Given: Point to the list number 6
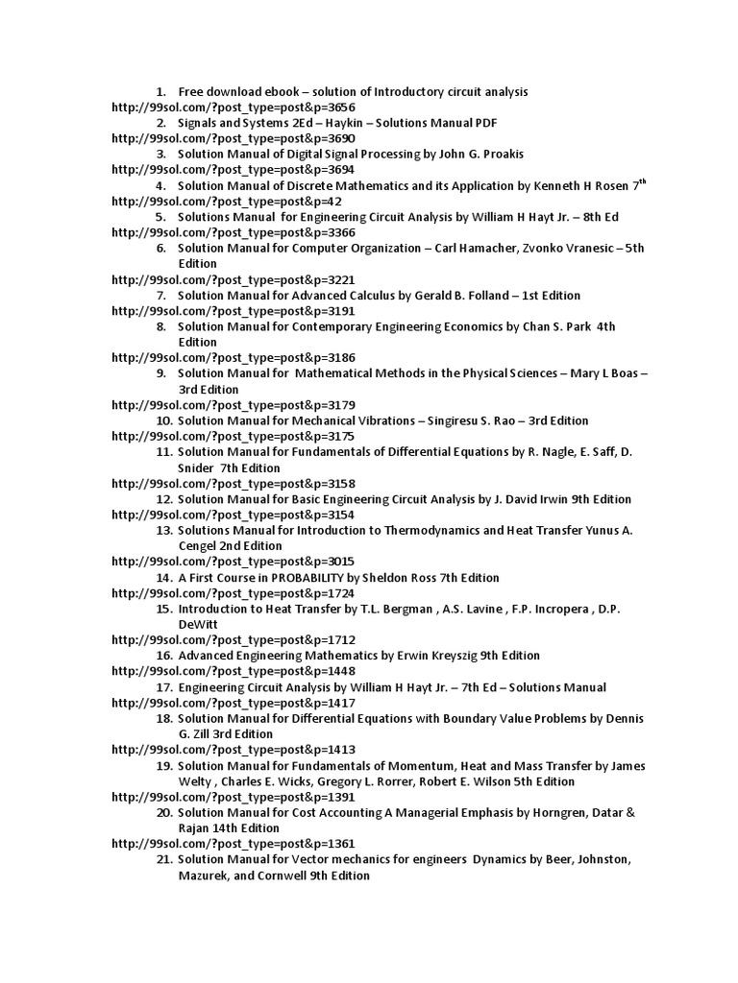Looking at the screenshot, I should (x=161, y=249).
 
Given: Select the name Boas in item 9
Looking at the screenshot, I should (x=616, y=373).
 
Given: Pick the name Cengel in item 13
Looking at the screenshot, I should (x=200, y=546).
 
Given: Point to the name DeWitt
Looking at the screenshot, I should (x=198, y=624).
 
